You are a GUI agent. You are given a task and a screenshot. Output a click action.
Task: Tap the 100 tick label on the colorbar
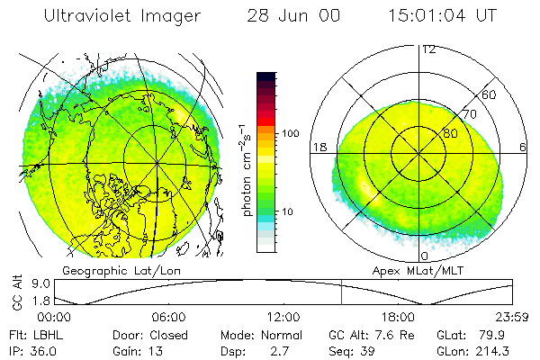point(289,133)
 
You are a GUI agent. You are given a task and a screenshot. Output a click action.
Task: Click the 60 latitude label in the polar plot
point(490,94)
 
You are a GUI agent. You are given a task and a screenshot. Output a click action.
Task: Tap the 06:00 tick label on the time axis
point(169,317)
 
